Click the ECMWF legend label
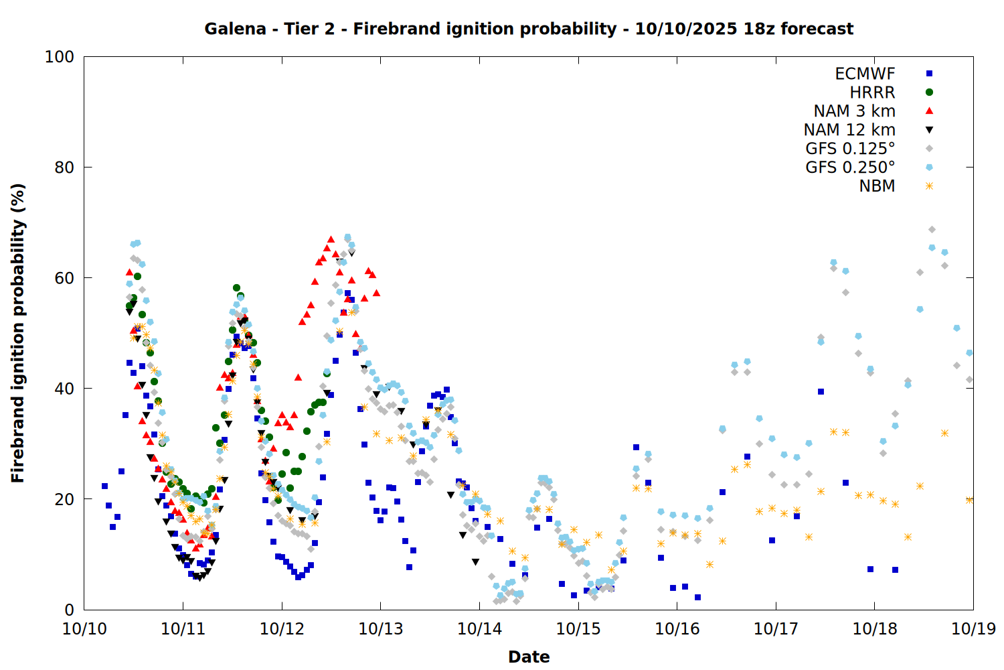[x=865, y=74]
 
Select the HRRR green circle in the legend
[x=929, y=92]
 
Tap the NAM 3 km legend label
[x=854, y=111]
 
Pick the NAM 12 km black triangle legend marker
[x=929, y=130]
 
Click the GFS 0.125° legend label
[x=850, y=149]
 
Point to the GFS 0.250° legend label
[x=850, y=167]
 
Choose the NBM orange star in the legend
[x=929, y=186]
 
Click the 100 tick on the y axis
[x=60, y=57]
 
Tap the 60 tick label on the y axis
[x=64, y=278]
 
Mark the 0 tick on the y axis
[x=69, y=610]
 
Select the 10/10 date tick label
[x=84, y=629]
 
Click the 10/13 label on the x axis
[x=381, y=629]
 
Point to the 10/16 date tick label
[x=677, y=629]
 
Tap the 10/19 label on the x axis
[x=973, y=629]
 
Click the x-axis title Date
[x=529, y=657]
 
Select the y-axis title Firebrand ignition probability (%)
[x=18, y=333]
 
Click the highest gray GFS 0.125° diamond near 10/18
[x=932, y=230]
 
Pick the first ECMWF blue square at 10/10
[x=104, y=486]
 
